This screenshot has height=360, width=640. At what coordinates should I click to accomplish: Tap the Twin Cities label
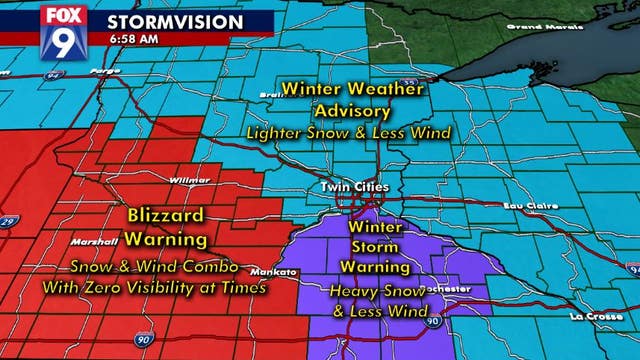[x=348, y=186]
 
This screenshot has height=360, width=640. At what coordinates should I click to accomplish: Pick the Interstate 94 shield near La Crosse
[x=632, y=270]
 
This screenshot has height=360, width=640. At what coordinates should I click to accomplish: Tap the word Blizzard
[x=164, y=215]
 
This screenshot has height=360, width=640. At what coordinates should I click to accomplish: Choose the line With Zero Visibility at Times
[x=153, y=287]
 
